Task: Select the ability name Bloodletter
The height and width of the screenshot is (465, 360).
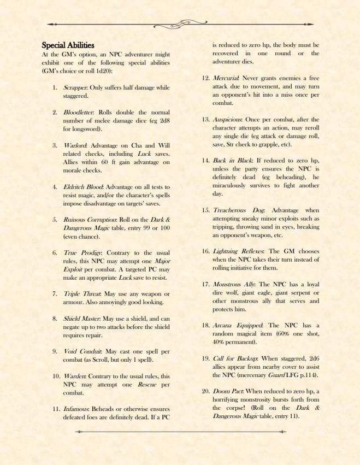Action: pyautogui.click(x=77, y=112)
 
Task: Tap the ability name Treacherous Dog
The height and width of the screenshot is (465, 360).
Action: pyautogui.click(x=238, y=211)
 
